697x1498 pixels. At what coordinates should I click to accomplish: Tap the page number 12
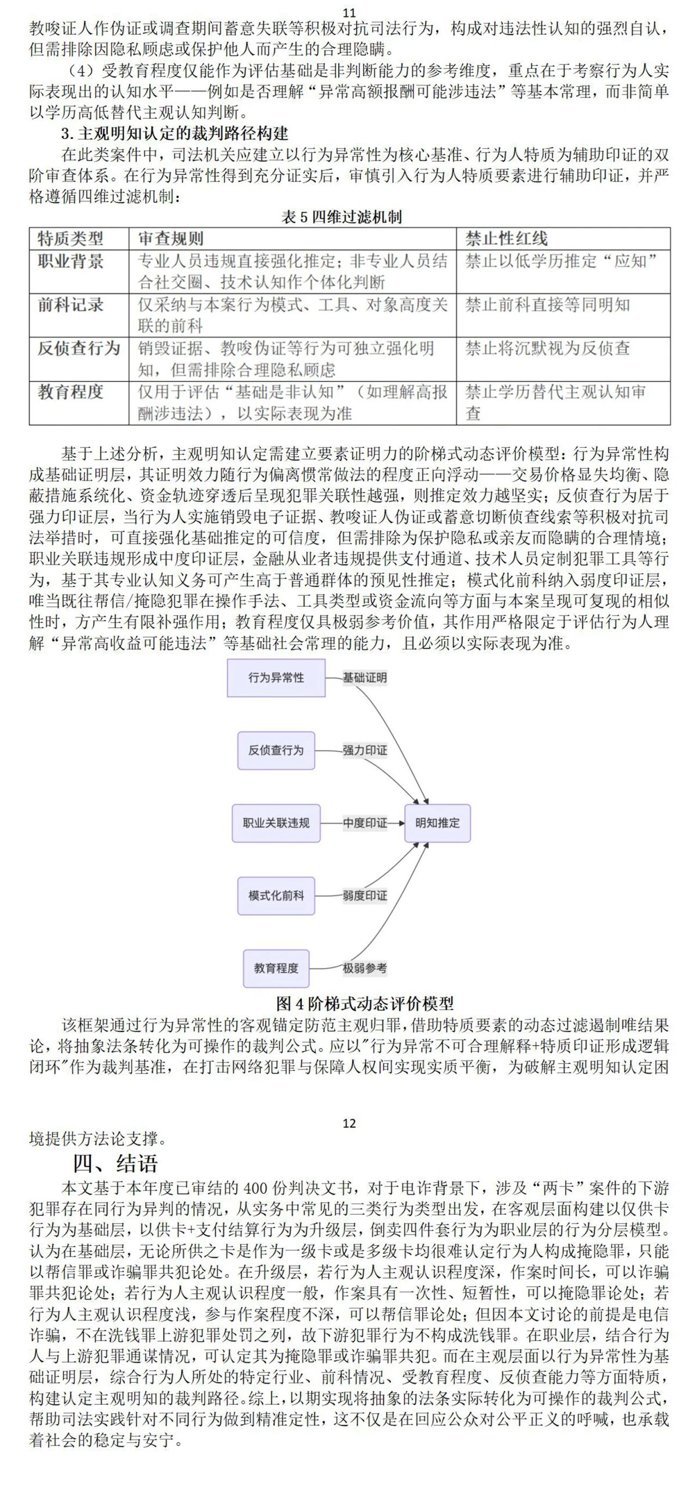[x=349, y=1123]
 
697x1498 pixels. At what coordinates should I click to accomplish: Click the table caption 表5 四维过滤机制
[x=341, y=217]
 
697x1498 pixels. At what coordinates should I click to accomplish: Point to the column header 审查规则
[x=171, y=239]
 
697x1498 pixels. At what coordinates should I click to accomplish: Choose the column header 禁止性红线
[x=506, y=239]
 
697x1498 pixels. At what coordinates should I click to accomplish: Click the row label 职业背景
[x=71, y=261]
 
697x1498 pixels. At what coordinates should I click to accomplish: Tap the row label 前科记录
[x=71, y=305]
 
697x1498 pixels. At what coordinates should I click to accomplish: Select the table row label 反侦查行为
[x=79, y=348]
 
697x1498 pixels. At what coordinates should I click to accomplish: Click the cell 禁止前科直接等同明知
[x=548, y=305]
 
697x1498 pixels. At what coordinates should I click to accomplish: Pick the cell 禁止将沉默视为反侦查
[x=548, y=348]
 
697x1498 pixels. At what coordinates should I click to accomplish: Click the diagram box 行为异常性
[x=276, y=678]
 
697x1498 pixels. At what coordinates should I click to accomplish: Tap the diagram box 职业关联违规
[x=276, y=823]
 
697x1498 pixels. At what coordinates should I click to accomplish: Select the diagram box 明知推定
[x=437, y=823]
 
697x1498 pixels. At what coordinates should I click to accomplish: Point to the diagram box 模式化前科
[x=276, y=896]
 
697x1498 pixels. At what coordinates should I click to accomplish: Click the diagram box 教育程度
[x=276, y=968]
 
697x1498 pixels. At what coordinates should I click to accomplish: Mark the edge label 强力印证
[x=364, y=750]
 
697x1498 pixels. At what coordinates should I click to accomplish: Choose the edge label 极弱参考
[x=364, y=968]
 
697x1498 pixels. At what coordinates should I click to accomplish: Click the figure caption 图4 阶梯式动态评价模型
[x=365, y=1003]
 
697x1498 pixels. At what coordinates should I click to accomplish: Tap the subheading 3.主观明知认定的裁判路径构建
[x=175, y=134]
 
